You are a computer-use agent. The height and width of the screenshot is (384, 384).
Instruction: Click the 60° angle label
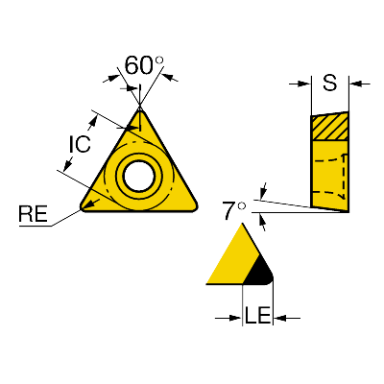pyautogui.click(x=144, y=65)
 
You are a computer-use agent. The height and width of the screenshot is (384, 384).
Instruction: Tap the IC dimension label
pyautogui.click(x=80, y=144)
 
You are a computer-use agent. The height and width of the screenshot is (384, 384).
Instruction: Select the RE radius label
pyautogui.click(x=33, y=214)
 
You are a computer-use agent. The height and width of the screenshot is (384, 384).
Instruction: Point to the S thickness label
pyautogui.click(x=329, y=83)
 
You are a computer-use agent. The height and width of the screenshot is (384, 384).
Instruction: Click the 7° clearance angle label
pyautogui.click(x=234, y=210)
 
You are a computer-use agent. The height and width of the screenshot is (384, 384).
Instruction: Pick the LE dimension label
pyautogui.click(x=258, y=315)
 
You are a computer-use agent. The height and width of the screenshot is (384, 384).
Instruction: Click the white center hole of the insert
pyautogui.click(x=139, y=176)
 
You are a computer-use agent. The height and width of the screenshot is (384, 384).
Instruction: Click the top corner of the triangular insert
pyautogui.click(x=140, y=108)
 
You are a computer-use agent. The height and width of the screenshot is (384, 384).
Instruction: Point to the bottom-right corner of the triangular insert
pyautogui.click(x=195, y=208)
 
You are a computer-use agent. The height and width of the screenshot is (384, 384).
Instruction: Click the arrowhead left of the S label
pyautogui.click(x=304, y=84)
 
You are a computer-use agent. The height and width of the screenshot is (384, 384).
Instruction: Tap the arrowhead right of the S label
pyautogui.click(x=355, y=84)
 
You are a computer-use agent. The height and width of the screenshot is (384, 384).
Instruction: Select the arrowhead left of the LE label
pyautogui.click(x=235, y=318)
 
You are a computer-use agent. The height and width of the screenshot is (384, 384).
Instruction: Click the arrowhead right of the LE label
pyautogui.click(x=279, y=318)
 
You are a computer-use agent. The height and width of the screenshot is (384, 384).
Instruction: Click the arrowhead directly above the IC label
pyautogui.click(x=93, y=121)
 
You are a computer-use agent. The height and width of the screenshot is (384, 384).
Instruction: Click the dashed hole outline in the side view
pyautogui.click(x=343, y=176)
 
